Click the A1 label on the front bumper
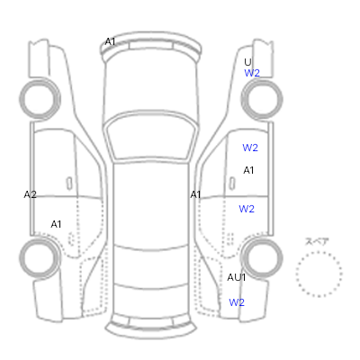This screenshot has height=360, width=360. [x=110, y=41]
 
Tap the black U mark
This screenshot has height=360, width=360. [x=247, y=62]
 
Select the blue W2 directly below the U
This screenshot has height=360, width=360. [x=252, y=73]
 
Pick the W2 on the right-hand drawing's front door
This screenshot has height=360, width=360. [x=250, y=148]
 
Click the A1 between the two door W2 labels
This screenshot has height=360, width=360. [x=248, y=170]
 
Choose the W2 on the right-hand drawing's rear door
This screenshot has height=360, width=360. [x=247, y=209]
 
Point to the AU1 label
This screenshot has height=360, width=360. [x=237, y=277]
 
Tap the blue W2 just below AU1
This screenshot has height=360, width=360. [x=237, y=302]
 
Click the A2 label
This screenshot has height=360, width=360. [x=30, y=194]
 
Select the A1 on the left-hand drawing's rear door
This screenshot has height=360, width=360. [x=56, y=224]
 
